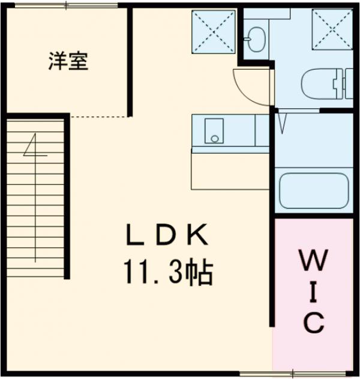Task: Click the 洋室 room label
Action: tap(68, 61)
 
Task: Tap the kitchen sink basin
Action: tap(214, 130)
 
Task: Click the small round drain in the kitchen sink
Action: tap(214, 139)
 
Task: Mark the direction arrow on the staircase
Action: tap(35, 147)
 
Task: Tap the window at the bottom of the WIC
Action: tap(312, 373)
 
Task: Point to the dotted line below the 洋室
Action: tap(99, 117)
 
